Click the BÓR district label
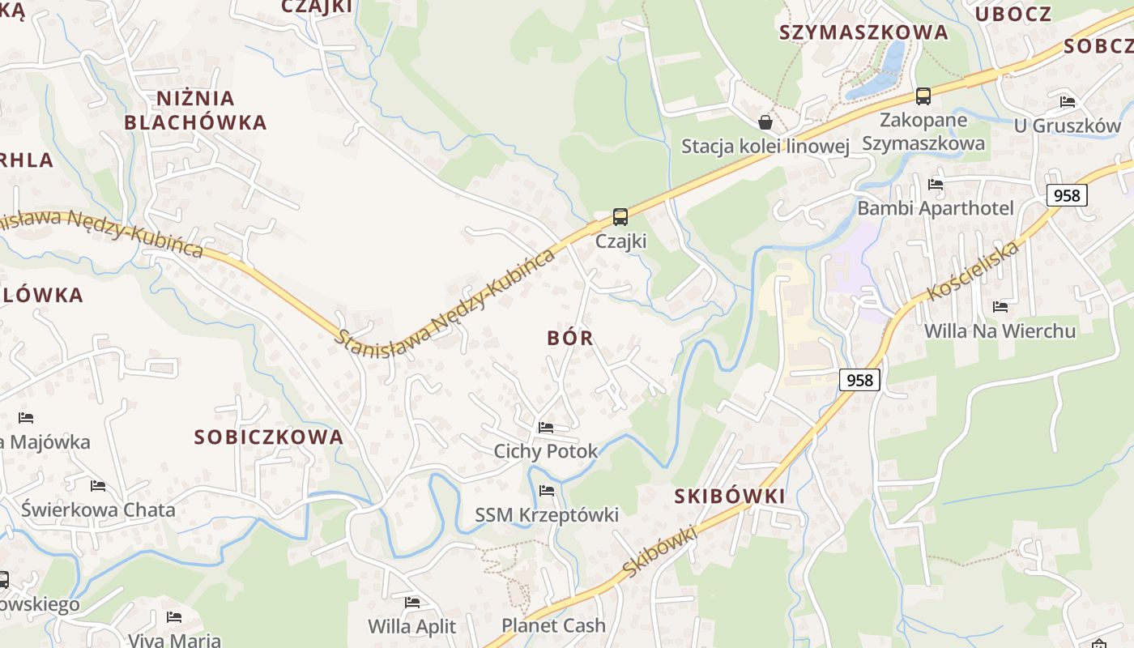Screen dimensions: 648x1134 [x=570, y=338]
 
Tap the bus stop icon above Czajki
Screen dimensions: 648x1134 [x=620, y=217]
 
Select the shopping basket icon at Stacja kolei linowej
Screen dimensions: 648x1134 [x=765, y=122]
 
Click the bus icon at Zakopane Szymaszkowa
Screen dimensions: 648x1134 [x=923, y=96]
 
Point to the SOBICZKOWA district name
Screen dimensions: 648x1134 [x=269, y=437]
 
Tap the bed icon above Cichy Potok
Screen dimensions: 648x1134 [x=546, y=427]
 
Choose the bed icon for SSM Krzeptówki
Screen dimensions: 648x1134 [x=547, y=490]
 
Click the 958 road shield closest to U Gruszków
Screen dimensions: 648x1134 [x=1066, y=195]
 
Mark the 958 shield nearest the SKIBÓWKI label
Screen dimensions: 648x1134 [x=859, y=380]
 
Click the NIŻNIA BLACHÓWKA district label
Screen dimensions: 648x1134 [x=195, y=110]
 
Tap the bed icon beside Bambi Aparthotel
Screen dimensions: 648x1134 [x=936, y=184]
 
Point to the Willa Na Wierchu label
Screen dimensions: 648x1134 [x=1000, y=330]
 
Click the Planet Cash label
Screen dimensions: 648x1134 [x=553, y=625]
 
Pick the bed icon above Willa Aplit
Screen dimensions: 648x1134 [x=412, y=602]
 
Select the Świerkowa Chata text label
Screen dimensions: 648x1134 [x=98, y=509]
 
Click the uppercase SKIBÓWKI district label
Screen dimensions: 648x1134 [x=730, y=497]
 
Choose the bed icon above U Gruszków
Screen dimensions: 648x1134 [x=1068, y=101]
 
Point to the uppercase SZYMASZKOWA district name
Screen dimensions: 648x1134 [x=863, y=32]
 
